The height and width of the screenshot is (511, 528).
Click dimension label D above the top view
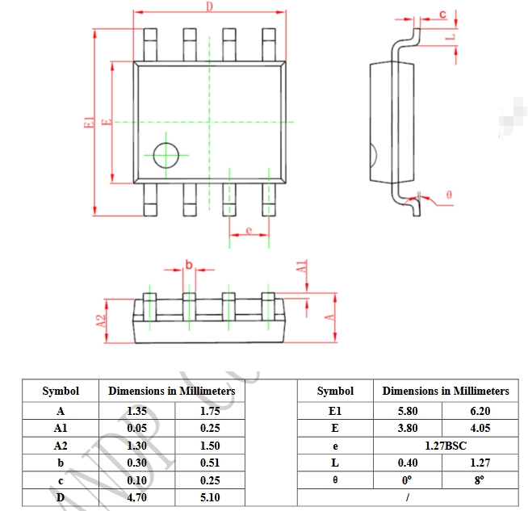point(209,6)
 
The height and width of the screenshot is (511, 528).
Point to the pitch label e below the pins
point(249,230)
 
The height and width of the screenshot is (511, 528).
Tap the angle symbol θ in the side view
point(449,195)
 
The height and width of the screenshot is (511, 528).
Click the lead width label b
point(189,265)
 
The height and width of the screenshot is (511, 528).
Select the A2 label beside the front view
point(101,320)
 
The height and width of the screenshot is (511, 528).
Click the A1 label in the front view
point(301,268)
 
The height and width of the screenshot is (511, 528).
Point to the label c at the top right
point(442,14)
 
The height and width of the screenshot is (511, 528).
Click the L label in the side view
point(452,36)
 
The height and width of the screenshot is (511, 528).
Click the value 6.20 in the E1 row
point(480,411)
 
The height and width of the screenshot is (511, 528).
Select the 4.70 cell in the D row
point(136,497)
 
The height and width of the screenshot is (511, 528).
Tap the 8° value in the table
point(480,480)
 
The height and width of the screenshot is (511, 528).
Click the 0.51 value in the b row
point(210,463)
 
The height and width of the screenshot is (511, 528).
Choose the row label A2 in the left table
point(61,446)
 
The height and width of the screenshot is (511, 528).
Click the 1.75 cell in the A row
point(210,411)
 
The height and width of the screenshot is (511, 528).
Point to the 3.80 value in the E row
point(408,428)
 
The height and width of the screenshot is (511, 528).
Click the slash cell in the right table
point(409,497)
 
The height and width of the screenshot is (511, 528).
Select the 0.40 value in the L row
point(408,463)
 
